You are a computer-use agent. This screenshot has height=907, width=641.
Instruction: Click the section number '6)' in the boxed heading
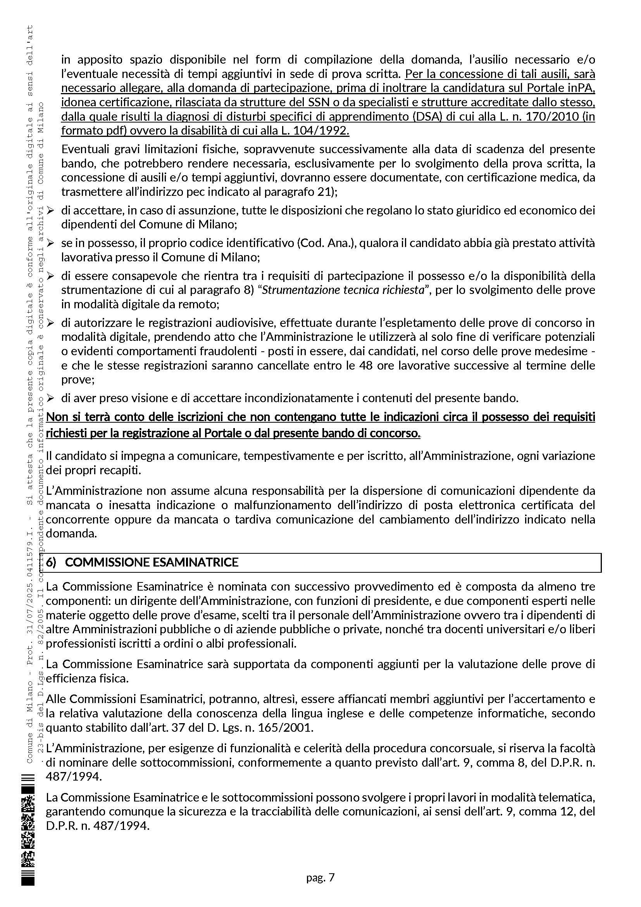point(52,562)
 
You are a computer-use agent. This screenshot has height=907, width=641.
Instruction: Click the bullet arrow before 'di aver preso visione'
point(50,398)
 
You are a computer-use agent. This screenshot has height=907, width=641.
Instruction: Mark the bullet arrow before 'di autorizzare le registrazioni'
point(50,323)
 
